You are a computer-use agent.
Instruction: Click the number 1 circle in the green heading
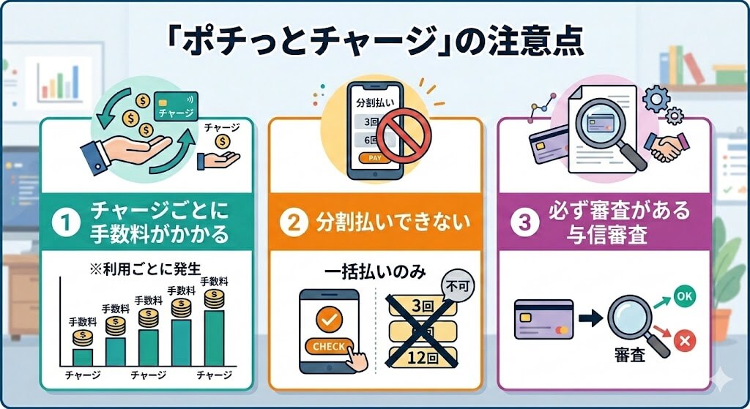pos(68,223)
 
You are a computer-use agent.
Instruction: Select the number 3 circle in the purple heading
pos(524,223)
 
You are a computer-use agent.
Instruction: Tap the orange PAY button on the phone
pos(374,157)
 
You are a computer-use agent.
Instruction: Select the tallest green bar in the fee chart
pos(214,338)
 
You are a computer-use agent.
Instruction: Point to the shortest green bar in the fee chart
pos(83,356)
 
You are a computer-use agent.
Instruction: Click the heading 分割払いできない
pos(389,223)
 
